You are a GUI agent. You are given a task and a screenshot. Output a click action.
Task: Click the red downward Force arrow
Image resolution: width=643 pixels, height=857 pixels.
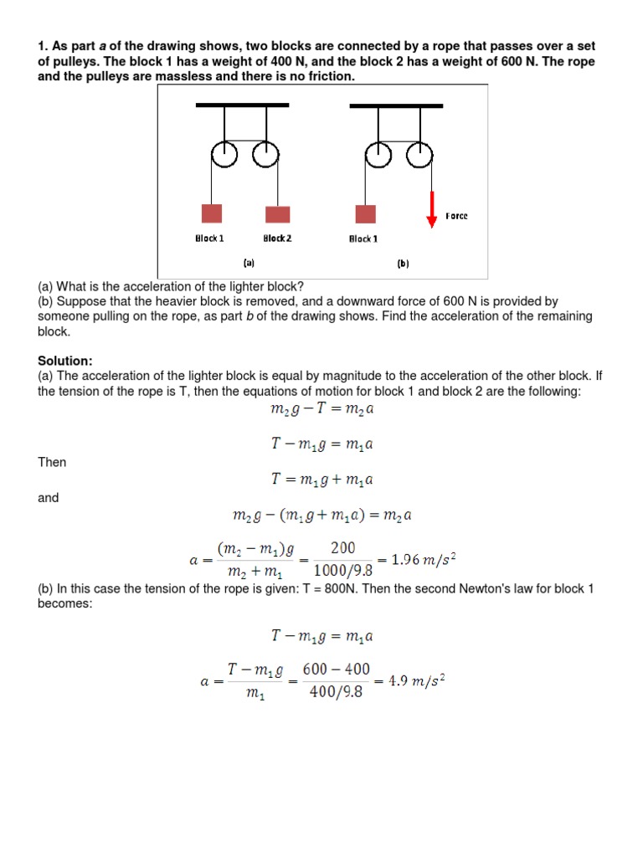pyautogui.click(x=432, y=209)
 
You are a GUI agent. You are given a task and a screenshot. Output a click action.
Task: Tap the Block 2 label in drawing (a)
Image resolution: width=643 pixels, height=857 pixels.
pyautogui.click(x=277, y=239)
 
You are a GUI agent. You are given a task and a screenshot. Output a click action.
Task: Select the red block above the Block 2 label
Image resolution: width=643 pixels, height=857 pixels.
pyautogui.click(x=277, y=214)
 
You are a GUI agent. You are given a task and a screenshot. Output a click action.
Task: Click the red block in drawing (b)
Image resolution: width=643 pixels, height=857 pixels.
pyautogui.click(x=365, y=214)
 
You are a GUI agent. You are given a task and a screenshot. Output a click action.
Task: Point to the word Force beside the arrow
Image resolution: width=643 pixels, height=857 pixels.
pyautogui.click(x=457, y=216)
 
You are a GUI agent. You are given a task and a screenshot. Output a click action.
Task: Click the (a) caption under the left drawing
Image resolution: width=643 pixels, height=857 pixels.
pyautogui.click(x=249, y=262)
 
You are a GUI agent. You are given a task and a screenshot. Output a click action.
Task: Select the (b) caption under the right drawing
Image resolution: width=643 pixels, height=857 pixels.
pyautogui.click(x=403, y=263)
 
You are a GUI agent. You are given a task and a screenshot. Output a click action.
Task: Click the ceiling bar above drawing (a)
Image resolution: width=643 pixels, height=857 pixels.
pyautogui.click(x=242, y=105)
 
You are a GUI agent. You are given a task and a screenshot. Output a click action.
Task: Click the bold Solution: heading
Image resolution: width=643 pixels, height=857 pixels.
pyautogui.click(x=65, y=361)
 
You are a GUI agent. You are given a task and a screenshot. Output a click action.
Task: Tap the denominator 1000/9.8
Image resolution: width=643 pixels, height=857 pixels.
pyautogui.click(x=342, y=571)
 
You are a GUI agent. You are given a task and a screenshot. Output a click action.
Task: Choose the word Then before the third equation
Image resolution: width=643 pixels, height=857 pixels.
pyautogui.click(x=52, y=462)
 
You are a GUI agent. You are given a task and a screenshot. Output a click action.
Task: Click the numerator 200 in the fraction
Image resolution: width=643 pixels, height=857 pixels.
pyautogui.click(x=342, y=548)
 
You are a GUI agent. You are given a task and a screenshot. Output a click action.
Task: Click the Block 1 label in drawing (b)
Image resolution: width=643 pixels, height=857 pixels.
pyautogui.click(x=363, y=239)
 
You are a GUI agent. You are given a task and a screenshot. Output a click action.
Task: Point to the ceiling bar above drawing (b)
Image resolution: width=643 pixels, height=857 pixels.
pyautogui.click(x=396, y=106)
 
